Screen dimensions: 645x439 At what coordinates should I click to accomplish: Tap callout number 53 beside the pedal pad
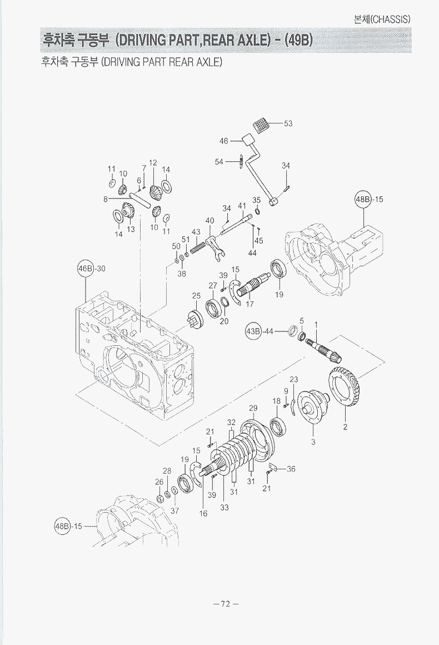pos(288,123)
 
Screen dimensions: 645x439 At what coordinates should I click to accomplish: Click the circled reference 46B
pos(86,269)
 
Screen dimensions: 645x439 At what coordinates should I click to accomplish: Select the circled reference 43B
pos(253,331)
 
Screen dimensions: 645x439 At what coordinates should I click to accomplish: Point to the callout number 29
pos(253,408)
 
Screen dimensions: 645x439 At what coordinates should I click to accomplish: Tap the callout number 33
pos(224,507)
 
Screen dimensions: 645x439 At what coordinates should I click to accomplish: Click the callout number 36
pos(291,469)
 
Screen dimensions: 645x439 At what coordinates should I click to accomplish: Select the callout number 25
pos(196,295)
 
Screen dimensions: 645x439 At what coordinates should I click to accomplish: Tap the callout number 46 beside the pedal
pos(224,141)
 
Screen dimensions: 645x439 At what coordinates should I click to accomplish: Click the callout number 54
pos(219,161)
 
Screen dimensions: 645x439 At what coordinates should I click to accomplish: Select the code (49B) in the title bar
pos(297,41)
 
